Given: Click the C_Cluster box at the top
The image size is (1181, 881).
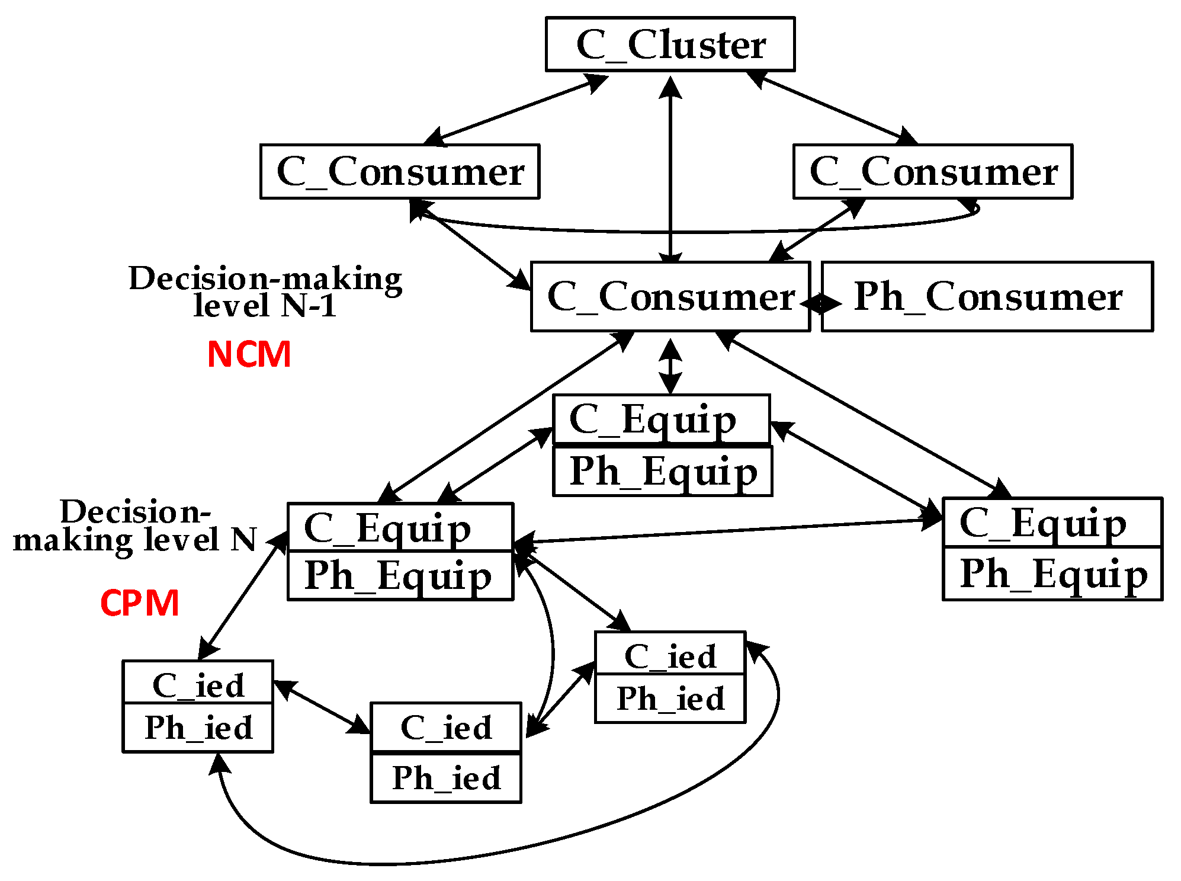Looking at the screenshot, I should click(x=670, y=44).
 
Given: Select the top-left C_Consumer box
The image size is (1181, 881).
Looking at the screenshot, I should click(x=400, y=172).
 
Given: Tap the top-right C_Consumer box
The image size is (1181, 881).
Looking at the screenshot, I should click(x=933, y=172).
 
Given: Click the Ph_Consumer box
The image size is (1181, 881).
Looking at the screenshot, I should click(x=987, y=297).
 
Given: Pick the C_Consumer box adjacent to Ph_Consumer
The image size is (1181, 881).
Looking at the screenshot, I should click(x=669, y=297).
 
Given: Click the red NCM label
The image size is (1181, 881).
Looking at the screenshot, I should click(x=249, y=354).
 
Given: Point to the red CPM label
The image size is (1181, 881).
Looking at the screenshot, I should click(x=140, y=603).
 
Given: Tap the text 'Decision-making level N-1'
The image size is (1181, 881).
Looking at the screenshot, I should click(x=265, y=291).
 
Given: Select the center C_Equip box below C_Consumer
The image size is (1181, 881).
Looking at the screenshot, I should click(x=660, y=419).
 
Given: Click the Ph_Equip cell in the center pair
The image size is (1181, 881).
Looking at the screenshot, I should click(x=663, y=472).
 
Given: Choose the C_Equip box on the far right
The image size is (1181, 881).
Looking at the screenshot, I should click(x=1052, y=523).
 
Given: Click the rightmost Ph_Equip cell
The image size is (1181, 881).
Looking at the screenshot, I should click(x=1052, y=574).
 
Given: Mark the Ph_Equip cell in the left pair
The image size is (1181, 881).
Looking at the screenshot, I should click(x=400, y=576).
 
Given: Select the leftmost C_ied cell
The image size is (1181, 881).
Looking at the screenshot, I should click(x=198, y=684).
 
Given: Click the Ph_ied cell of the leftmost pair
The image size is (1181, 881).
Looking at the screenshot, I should click(x=198, y=728).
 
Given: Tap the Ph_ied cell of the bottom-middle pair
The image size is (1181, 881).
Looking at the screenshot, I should click(x=446, y=778).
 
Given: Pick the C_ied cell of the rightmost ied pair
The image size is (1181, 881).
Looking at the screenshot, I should click(x=670, y=655).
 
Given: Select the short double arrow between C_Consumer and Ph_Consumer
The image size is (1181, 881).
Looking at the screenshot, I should click(x=820, y=303).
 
